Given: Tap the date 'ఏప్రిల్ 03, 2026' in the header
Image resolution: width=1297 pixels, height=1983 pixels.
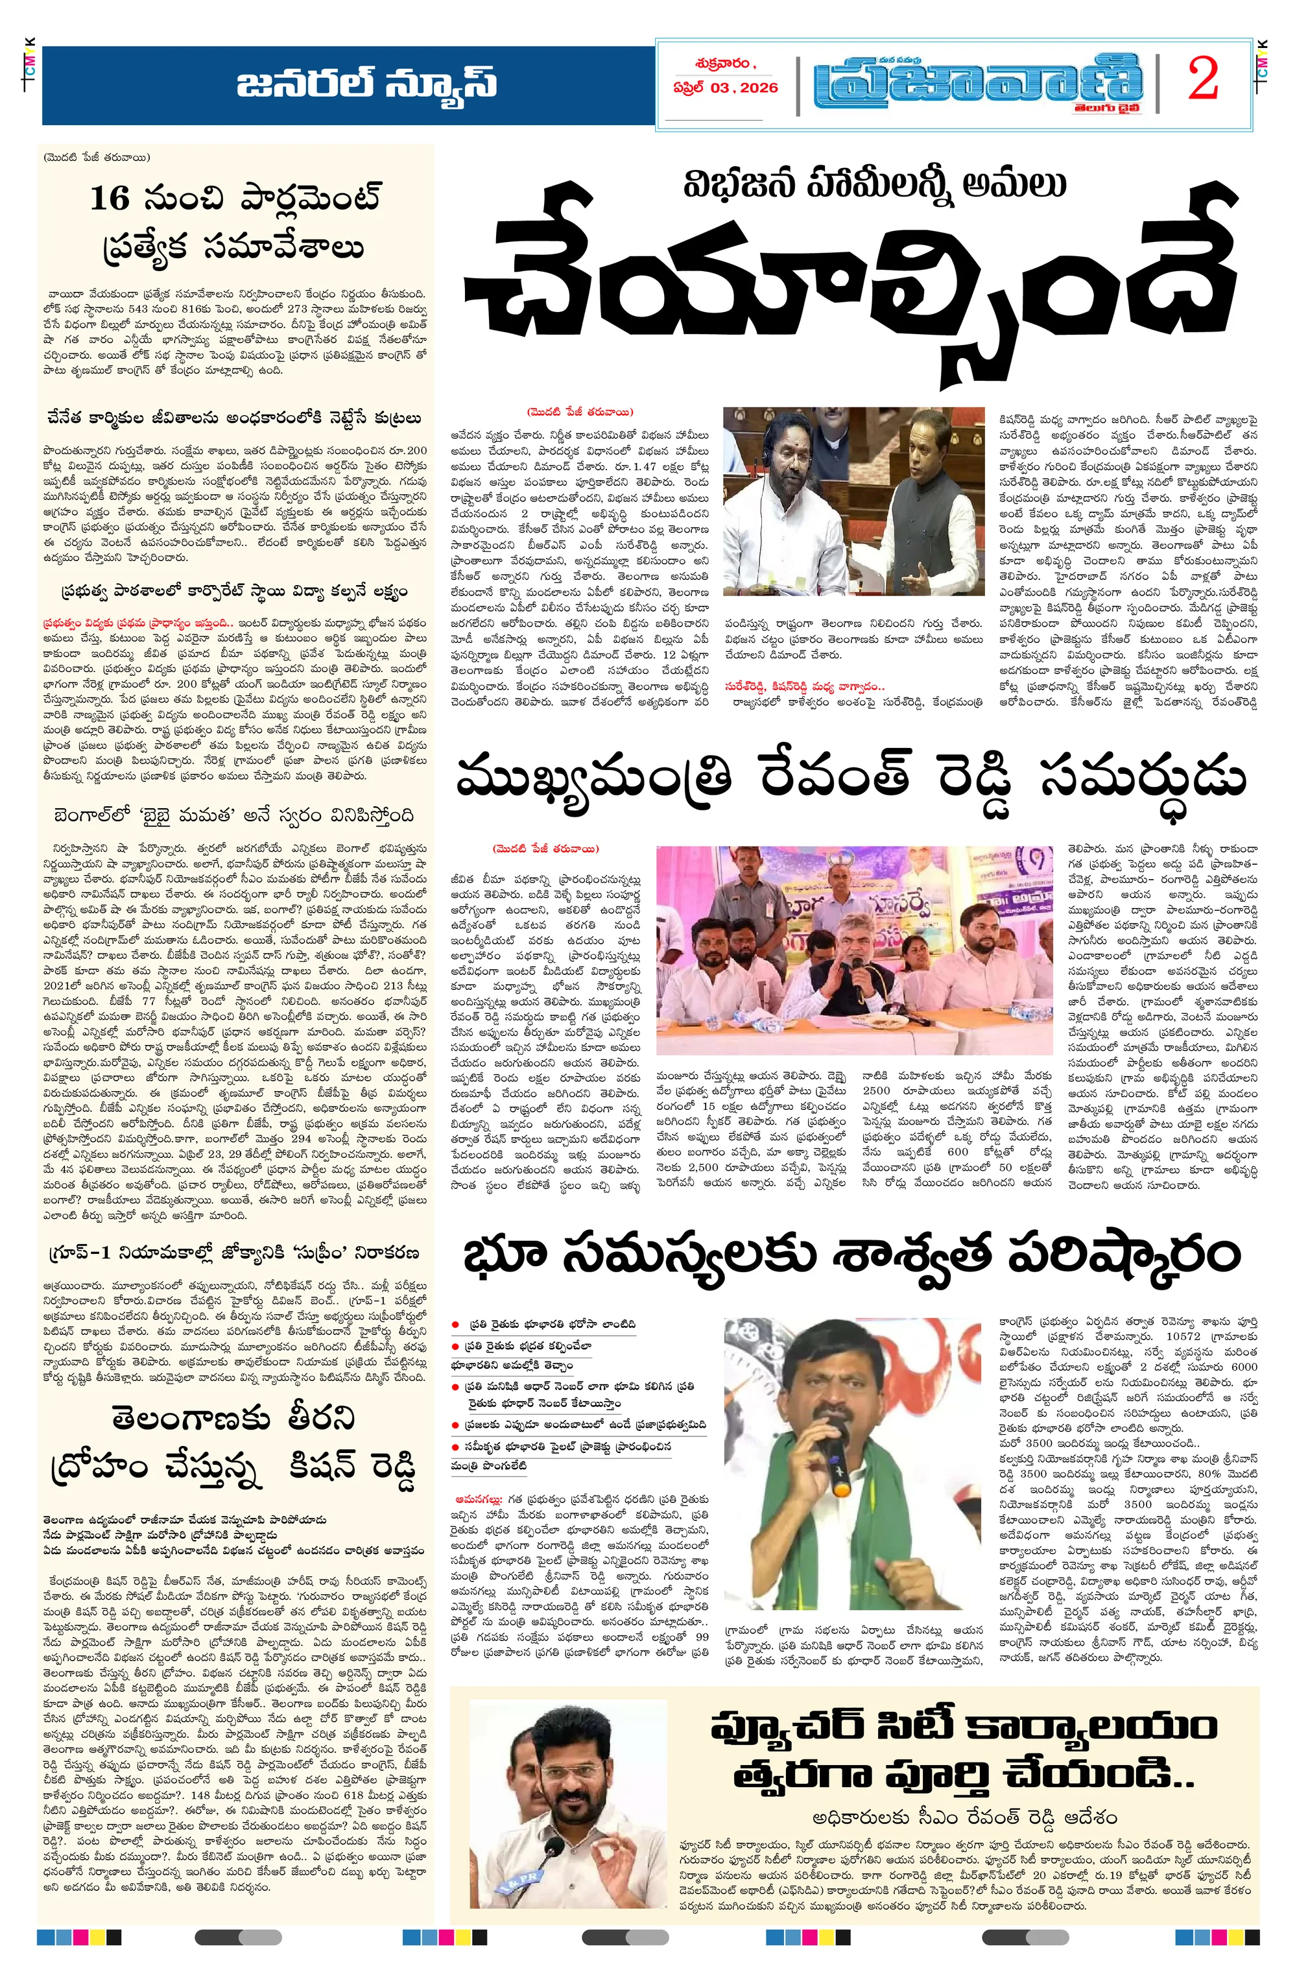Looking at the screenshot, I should point(726,88).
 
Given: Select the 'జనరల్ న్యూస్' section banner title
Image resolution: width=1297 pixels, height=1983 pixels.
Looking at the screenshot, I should point(367,85).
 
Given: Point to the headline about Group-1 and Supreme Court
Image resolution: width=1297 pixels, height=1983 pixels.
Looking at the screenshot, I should point(233,1253).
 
